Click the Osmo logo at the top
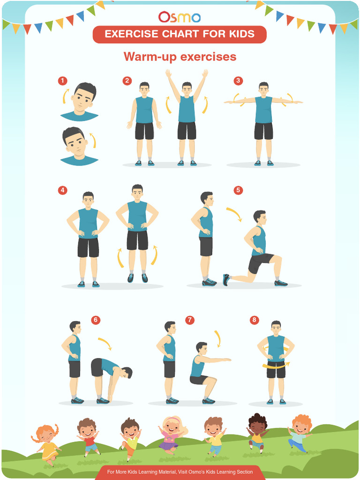pos(180,17)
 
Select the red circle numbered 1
pos(62,81)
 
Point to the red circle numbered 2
pos(127,81)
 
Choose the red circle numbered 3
pos(239,81)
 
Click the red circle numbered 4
pos(62,190)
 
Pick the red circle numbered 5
pos(238,190)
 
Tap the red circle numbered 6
pos(96,320)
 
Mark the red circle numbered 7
pos(189,320)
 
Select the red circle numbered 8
pos(254,320)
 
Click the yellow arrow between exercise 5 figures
pos(234,214)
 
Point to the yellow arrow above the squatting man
pos(217,338)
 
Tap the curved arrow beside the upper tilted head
pos(65,96)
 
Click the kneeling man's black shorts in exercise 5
pos(259,262)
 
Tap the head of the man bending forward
pos(127,372)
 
